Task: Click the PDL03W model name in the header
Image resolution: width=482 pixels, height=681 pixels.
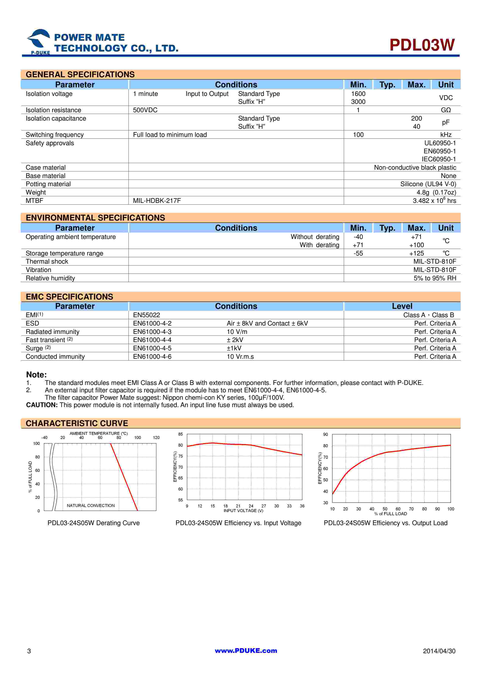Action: coord(422,45)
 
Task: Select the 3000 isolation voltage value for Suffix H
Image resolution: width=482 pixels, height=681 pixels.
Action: coord(358,102)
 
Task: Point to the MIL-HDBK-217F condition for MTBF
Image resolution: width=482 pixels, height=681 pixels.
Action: coord(157,201)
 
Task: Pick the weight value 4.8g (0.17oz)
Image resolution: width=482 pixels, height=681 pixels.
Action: coord(436,193)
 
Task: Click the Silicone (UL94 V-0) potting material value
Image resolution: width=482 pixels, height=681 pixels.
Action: coord(428,184)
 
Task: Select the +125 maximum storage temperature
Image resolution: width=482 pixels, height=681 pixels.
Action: coord(416,253)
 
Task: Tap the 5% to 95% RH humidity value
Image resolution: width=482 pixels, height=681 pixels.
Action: coord(435,278)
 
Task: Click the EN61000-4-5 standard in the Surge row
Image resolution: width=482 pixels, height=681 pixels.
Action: coord(152,348)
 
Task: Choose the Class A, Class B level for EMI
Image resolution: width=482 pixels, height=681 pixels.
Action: coord(428,315)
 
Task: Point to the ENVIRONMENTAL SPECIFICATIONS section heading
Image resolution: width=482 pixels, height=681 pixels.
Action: coord(95,218)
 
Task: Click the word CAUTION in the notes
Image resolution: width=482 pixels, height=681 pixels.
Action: coord(42,405)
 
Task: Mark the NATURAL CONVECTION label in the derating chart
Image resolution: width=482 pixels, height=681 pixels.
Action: coord(91,505)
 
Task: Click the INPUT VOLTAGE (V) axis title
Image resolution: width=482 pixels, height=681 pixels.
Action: coord(243,510)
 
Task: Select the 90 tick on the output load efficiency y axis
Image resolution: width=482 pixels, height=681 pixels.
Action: coord(325,434)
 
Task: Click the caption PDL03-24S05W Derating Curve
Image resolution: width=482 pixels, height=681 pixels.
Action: coord(94,523)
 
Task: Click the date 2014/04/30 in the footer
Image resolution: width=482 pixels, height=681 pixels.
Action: coord(439,651)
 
